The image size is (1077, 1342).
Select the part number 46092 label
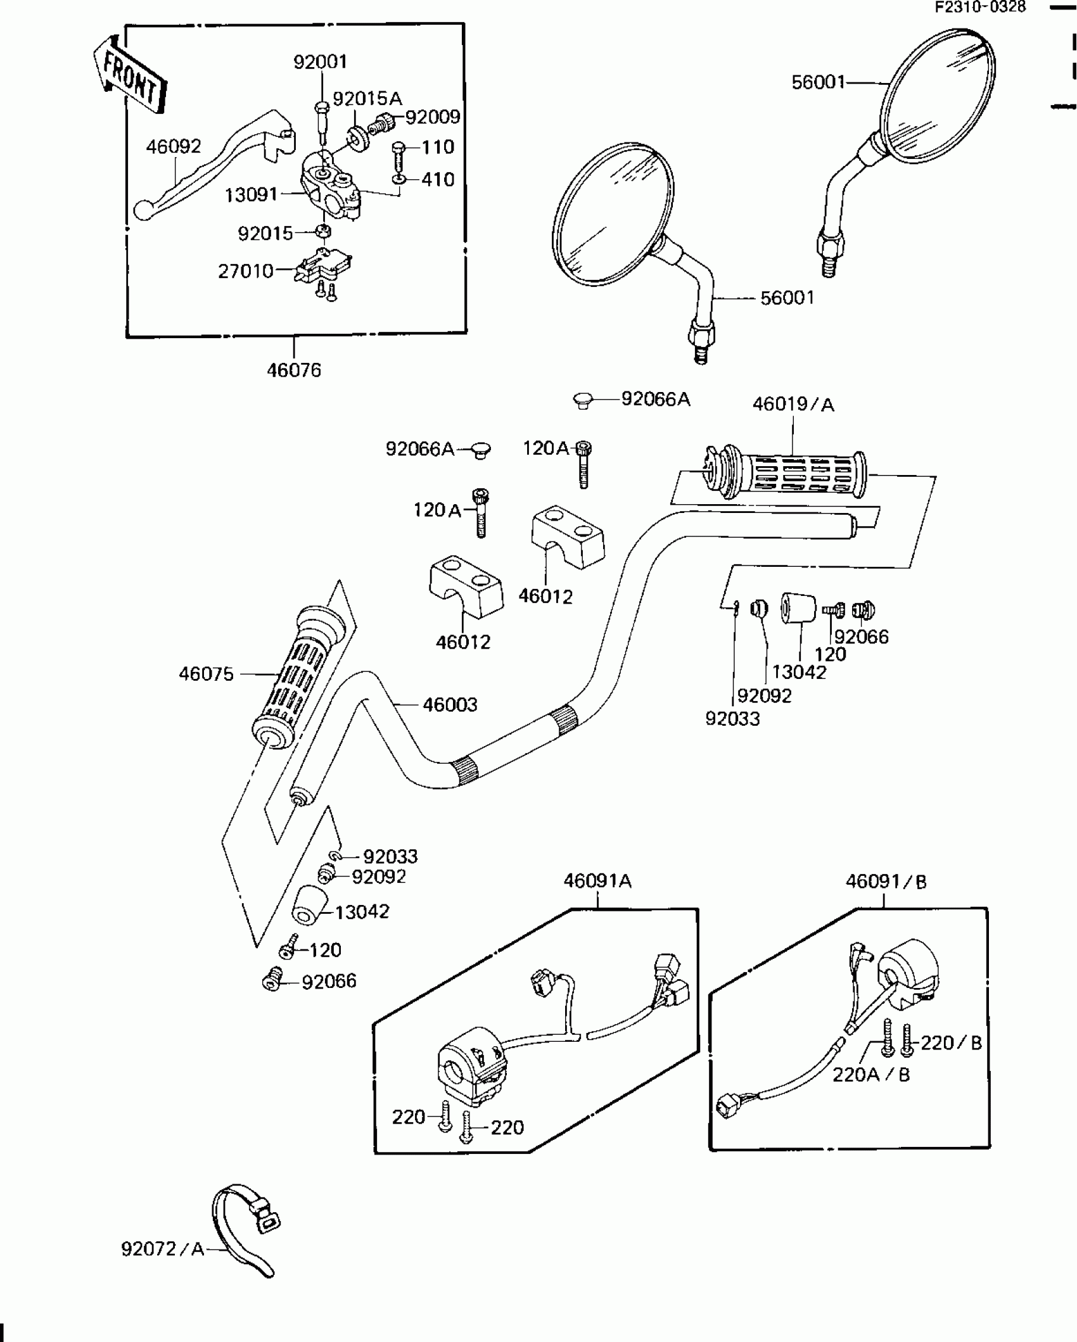click(173, 147)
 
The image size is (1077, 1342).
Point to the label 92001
click(320, 62)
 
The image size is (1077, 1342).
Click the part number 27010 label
click(246, 271)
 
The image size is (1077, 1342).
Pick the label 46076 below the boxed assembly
click(294, 370)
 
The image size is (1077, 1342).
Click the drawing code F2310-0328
click(981, 7)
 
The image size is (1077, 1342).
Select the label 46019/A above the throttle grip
click(793, 404)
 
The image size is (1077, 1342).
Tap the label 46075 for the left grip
click(206, 674)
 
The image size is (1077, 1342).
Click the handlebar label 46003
click(450, 704)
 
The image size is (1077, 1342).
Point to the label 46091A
click(597, 881)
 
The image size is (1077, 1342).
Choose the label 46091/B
click(886, 881)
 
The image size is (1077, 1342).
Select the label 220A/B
click(871, 1075)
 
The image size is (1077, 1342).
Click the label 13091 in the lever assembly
click(251, 194)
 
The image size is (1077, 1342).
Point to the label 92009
click(433, 117)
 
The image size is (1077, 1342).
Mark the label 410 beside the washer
click(438, 180)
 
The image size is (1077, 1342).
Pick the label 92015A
click(367, 99)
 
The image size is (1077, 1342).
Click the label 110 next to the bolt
click(438, 147)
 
